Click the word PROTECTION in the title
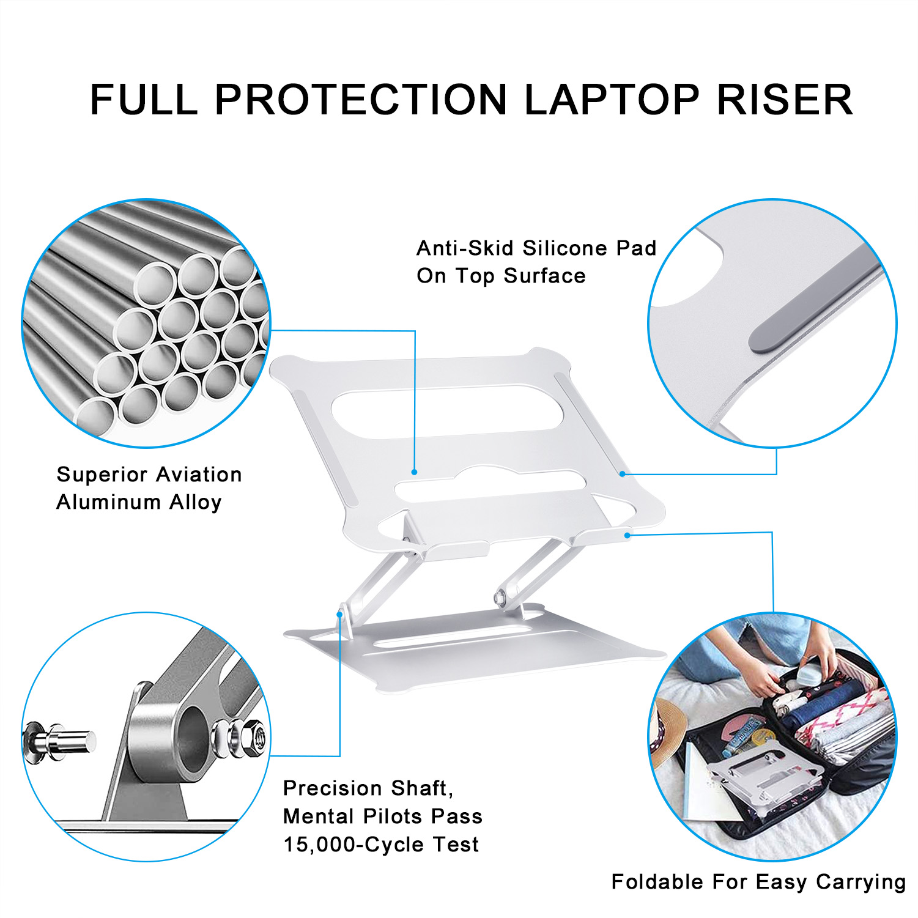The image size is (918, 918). [x=361, y=100]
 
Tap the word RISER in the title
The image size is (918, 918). [x=785, y=100]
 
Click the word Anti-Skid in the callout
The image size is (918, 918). [x=465, y=248]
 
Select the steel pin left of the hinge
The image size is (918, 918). [x=61, y=741]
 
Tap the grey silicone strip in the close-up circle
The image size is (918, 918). [x=813, y=300]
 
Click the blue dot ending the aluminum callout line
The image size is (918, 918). [x=414, y=472]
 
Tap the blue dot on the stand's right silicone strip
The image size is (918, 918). [x=622, y=473]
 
